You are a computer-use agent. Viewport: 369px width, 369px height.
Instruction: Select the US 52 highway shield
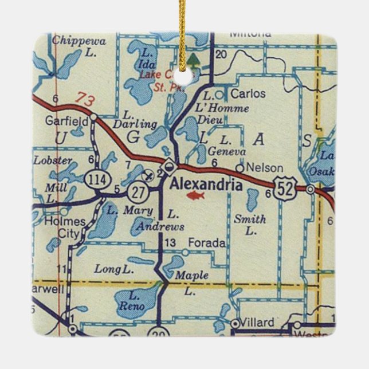click(x=284, y=188)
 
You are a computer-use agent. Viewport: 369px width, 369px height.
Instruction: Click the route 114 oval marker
click(x=94, y=178)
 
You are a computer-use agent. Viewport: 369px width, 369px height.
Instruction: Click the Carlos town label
click(x=249, y=93)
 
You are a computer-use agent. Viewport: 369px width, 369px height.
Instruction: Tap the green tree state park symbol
click(x=194, y=60)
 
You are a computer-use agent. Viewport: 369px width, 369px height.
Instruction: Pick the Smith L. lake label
click(x=250, y=225)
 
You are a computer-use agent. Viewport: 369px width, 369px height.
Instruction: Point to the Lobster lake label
click(x=53, y=160)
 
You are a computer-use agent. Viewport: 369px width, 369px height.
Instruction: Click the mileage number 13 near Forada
click(x=170, y=244)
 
